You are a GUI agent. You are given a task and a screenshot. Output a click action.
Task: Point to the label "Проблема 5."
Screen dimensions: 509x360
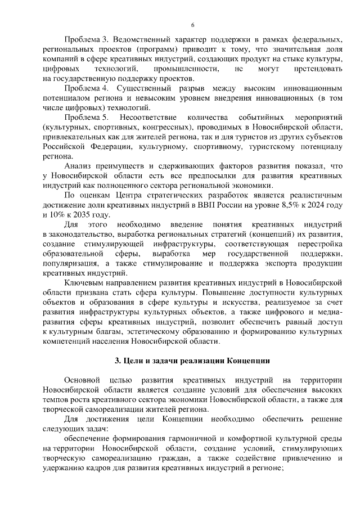(86, 118)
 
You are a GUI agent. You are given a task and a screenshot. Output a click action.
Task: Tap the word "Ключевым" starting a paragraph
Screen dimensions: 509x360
(83, 283)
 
